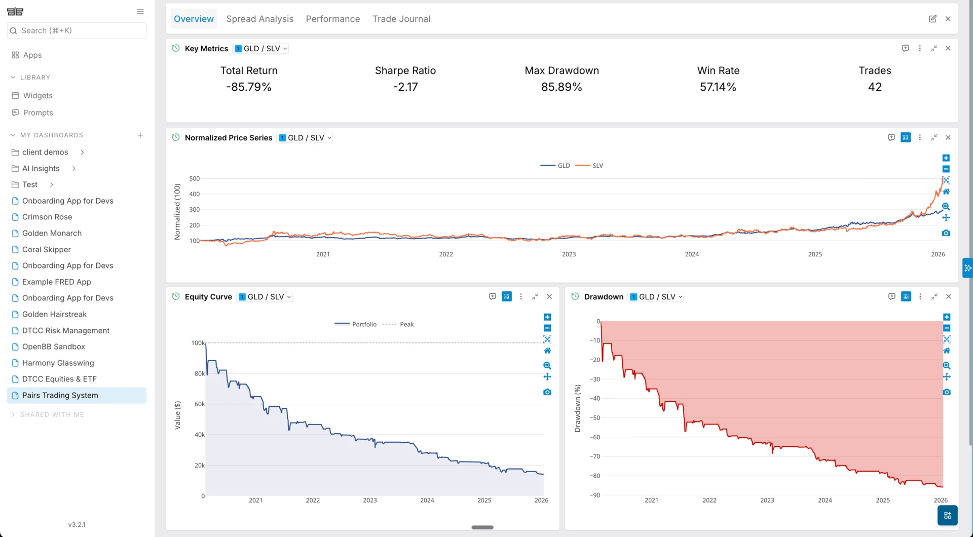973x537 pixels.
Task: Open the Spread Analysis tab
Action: pos(259,19)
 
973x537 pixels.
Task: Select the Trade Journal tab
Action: pos(401,19)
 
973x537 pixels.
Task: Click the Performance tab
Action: pos(333,19)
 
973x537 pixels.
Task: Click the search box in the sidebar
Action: pos(77,30)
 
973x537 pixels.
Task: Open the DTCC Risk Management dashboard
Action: pos(66,330)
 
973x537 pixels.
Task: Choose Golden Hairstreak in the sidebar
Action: pos(54,314)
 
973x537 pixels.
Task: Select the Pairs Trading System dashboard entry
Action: pos(60,395)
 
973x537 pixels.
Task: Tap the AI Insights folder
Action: pos(41,168)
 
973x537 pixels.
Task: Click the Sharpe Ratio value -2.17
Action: pos(405,87)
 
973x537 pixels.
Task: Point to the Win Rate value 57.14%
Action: pos(718,87)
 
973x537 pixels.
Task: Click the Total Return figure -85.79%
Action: pos(249,87)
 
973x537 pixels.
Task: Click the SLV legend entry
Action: pos(590,166)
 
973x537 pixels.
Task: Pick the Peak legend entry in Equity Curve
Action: pos(398,324)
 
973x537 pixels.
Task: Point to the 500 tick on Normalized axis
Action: pos(195,178)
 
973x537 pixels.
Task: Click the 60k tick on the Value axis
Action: pos(200,404)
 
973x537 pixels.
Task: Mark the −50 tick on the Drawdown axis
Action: pos(594,418)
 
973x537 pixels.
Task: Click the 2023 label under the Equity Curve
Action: pos(370,501)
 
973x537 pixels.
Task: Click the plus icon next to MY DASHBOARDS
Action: pos(140,135)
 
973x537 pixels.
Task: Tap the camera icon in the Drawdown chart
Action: pos(946,392)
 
